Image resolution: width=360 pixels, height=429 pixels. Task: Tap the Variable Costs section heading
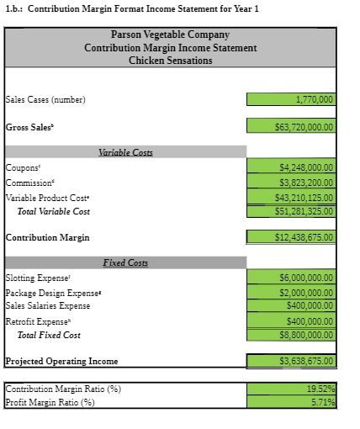point(125,152)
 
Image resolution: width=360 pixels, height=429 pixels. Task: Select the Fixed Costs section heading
point(125,262)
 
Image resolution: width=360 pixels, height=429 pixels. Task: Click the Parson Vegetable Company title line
point(170,35)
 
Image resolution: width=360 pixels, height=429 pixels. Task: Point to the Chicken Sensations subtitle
point(170,61)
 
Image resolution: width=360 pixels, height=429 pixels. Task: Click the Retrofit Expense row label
point(39,321)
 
